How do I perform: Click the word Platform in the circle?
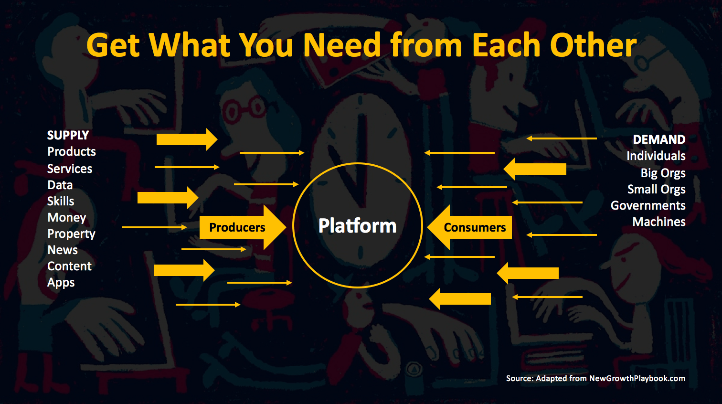(x=357, y=226)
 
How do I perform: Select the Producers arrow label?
(x=237, y=227)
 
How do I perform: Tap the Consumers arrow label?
(x=475, y=227)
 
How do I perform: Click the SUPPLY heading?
(x=68, y=135)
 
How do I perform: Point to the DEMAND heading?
(x=659, y=139)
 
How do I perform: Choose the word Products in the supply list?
(x=72, y=152)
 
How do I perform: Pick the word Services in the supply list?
(x=70, y=169)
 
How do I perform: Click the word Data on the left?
(x=60, y=185)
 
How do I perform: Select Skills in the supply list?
(x=61, y=201)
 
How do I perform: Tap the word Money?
(x=67, y=218)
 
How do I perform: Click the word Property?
(x=71, y=234)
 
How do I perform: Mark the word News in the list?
(x=63, y=250)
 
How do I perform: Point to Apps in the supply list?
(x=61, y=283)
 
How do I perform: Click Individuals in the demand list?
(x=656, y=156)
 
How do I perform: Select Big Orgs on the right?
(x=663, y=173)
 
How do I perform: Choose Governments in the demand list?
(x=648, y=205)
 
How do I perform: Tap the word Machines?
(x=659, y=222)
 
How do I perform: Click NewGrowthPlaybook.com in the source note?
(x=637, y=378)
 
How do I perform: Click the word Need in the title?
(x=342, y=45)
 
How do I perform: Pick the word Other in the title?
(x=593, y=45)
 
